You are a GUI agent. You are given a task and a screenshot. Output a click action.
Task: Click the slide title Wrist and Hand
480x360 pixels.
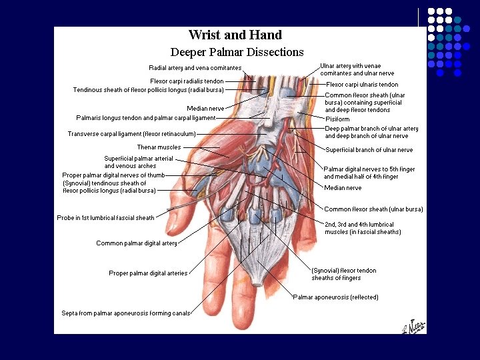[x=235, y=35]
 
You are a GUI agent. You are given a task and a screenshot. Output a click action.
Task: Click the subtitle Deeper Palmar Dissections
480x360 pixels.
[x=237, y=52]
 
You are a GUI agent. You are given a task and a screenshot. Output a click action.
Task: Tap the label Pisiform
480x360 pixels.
[x=337, y=119]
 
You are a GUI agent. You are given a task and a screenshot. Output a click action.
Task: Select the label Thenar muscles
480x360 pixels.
[x=159, y=147]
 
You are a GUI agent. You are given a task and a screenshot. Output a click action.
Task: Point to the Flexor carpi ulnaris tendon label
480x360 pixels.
[x=362, y=85]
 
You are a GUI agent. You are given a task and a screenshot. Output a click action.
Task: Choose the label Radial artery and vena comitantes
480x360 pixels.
[x=195, y=68]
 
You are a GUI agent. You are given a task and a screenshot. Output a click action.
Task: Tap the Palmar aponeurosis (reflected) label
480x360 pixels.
[x=335, y=297]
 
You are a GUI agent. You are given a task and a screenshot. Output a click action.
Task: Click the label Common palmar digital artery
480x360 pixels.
[x=137, y=243]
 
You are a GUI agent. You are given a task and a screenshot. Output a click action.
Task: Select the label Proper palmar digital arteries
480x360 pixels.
[x=148, y=273]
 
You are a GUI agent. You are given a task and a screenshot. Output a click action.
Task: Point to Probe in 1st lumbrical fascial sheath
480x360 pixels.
[x=105, y=218]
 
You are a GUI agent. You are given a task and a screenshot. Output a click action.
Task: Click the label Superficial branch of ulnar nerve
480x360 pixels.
[x=369, y=150]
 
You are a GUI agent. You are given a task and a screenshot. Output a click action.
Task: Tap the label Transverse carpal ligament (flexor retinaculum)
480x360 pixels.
[x=131, y=134]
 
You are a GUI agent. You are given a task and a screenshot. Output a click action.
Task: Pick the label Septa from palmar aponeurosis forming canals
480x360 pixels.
[x=126, y=313]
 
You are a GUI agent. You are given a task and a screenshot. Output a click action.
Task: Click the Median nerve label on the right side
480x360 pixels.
[x=343, y=188]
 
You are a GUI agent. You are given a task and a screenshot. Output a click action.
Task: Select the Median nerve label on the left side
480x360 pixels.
[x=205, y=108]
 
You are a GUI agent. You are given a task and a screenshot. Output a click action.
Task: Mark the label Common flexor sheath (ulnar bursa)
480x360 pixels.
[x=373, y=209]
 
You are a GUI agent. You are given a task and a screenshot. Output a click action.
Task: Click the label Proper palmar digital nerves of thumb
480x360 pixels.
[x=113, y=175]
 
